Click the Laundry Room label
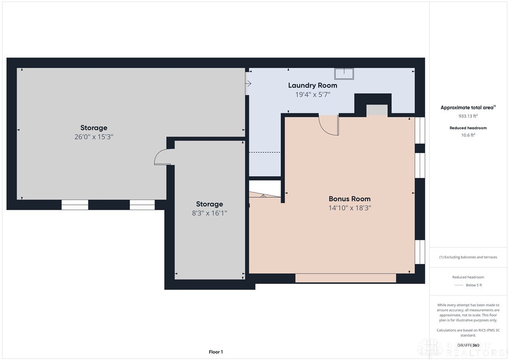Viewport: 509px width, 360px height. pyautogui.click(x=312, y=86)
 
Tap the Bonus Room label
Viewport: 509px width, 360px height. pyautogui.click(x=350, y=199)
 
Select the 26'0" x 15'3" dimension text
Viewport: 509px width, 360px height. pyautogui.click(x=94, y=137)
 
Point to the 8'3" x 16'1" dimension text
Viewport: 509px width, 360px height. pyautogui.click(x=209, y=213)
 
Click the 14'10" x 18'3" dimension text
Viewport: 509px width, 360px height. pyautogui.click(x=350, y=208)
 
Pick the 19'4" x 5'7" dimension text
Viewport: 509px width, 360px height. pyautogui.click(x=312, y=95)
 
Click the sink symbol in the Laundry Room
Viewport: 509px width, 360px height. pyautogui.click(x=344, y=73)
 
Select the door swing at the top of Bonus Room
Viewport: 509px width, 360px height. pyautogui.click(x=329, y=125)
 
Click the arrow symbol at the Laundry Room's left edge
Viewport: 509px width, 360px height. pyautogui.click(x=248, y=84)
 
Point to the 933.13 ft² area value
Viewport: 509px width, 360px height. pyautogui.click(x=467, y=116)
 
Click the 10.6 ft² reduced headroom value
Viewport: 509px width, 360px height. pyautogui.click(x=467, y=135)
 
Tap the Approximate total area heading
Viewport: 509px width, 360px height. pyautogui.click(x=468, y=108)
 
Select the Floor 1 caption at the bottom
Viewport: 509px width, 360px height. pyautogui.click(x=215, y=352)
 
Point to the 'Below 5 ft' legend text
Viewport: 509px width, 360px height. pyautogui.click(x=474, y=285)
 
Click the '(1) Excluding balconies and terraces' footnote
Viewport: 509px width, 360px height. pyautogui.click(x=468, y=257)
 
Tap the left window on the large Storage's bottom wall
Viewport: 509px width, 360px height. pyautogui.click(x=75, y=205)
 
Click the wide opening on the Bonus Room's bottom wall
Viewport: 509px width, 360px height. pyautogui.click(x=345, y=278)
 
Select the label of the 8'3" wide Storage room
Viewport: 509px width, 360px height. pyautogui.click(x=209, y=204)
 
